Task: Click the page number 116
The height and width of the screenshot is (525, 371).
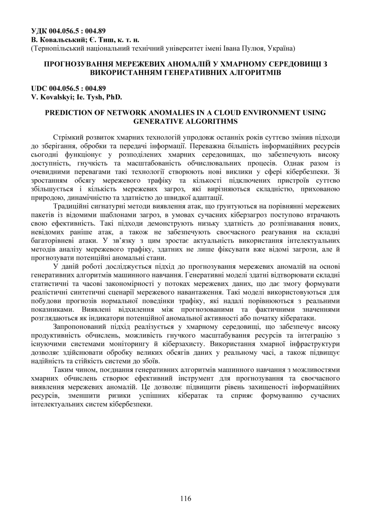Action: coord(185,498)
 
